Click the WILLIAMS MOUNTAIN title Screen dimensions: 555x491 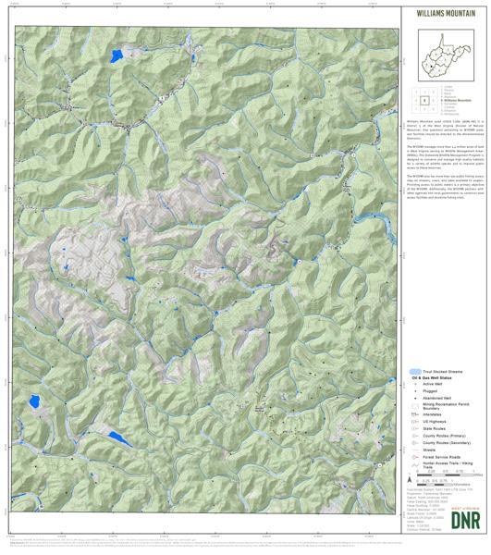pyautogui.click(x=442, y=11)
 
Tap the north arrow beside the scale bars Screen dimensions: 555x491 pyautogui.click(x=409, y=481)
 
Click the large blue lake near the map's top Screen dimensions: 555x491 pyautogui.click(x=117, y=55)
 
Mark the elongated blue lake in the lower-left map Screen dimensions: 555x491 pyautogui.click(x=116, y=436)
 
